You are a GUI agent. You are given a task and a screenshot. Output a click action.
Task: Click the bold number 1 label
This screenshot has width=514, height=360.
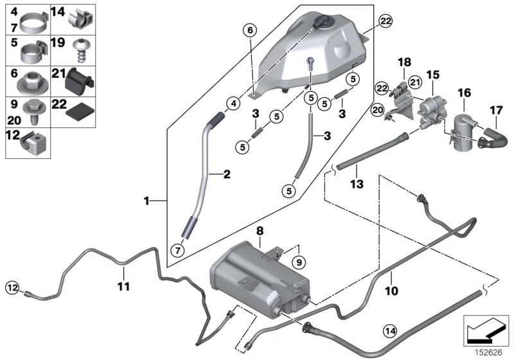(147, 201)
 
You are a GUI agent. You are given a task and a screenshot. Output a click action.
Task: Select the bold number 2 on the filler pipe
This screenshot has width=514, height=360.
(226, 174)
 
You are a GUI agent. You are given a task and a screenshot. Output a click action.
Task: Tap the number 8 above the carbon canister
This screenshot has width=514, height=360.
(259, 230)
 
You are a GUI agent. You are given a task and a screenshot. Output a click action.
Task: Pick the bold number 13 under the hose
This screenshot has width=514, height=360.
(357, 184)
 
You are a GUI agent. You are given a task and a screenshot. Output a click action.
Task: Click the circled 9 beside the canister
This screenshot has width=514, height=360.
(297, 261)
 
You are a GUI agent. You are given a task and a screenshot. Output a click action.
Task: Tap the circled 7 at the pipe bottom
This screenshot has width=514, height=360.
(175, 249)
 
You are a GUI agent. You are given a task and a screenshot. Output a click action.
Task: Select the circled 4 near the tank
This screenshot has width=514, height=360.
(233, 103)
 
